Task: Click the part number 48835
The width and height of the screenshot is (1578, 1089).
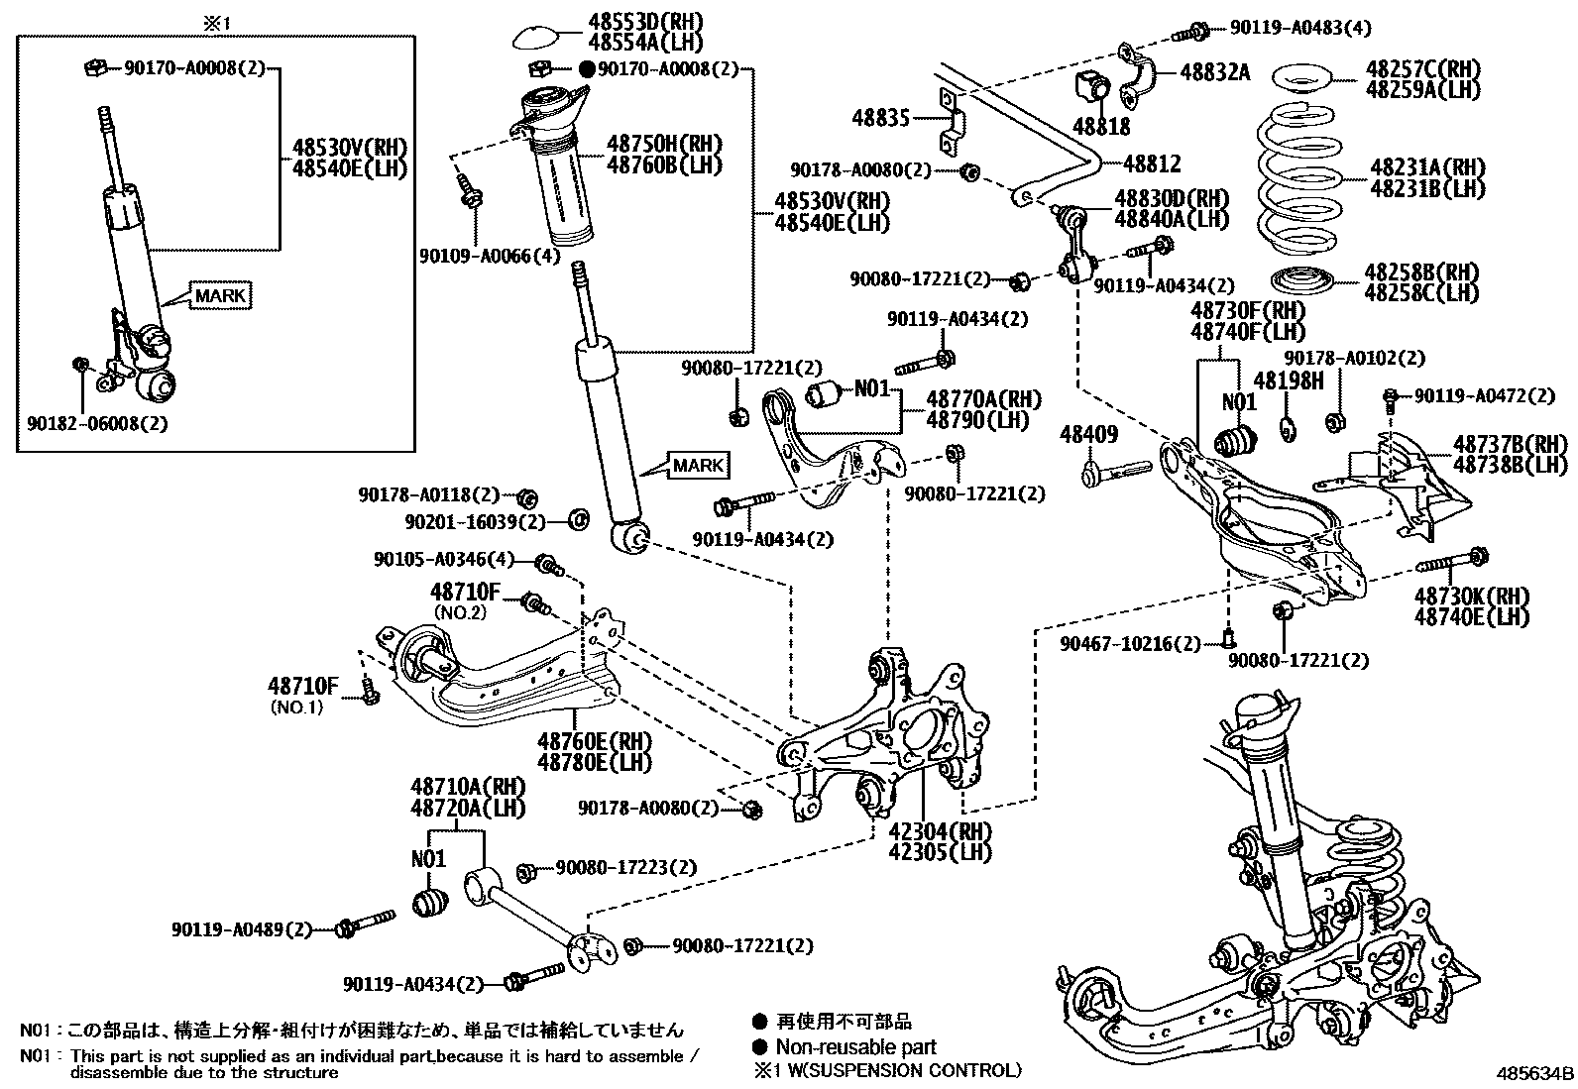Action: pos(880,120)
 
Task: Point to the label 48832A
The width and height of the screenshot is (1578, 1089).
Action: pos(1214,72)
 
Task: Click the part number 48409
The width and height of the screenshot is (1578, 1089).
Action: pos(1088,434)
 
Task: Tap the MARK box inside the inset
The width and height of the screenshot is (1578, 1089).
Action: pos(220,295)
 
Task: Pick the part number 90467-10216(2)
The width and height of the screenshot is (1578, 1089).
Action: pos(1130,644)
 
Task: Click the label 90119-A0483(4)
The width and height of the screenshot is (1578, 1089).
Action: pos(1298,29)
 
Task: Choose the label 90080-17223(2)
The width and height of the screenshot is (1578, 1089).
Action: pos(625,867)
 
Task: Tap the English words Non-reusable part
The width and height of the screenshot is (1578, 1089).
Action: pos(855,1046)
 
